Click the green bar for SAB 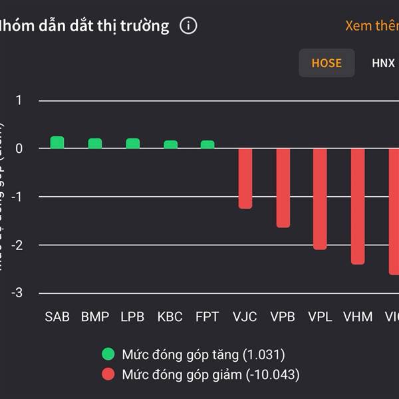57,142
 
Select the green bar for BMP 95,144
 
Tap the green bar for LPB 133,144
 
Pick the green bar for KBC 171,144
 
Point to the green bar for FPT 207,144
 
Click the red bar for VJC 245,178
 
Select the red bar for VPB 283,188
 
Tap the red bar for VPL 320,199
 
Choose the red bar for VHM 358,206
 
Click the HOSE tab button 327,63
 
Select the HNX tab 383,63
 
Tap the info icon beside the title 188,26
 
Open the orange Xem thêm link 371,26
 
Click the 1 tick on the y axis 19,100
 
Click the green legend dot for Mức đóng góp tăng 108,354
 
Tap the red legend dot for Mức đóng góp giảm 108,374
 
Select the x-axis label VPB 283,317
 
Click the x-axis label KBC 170,317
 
